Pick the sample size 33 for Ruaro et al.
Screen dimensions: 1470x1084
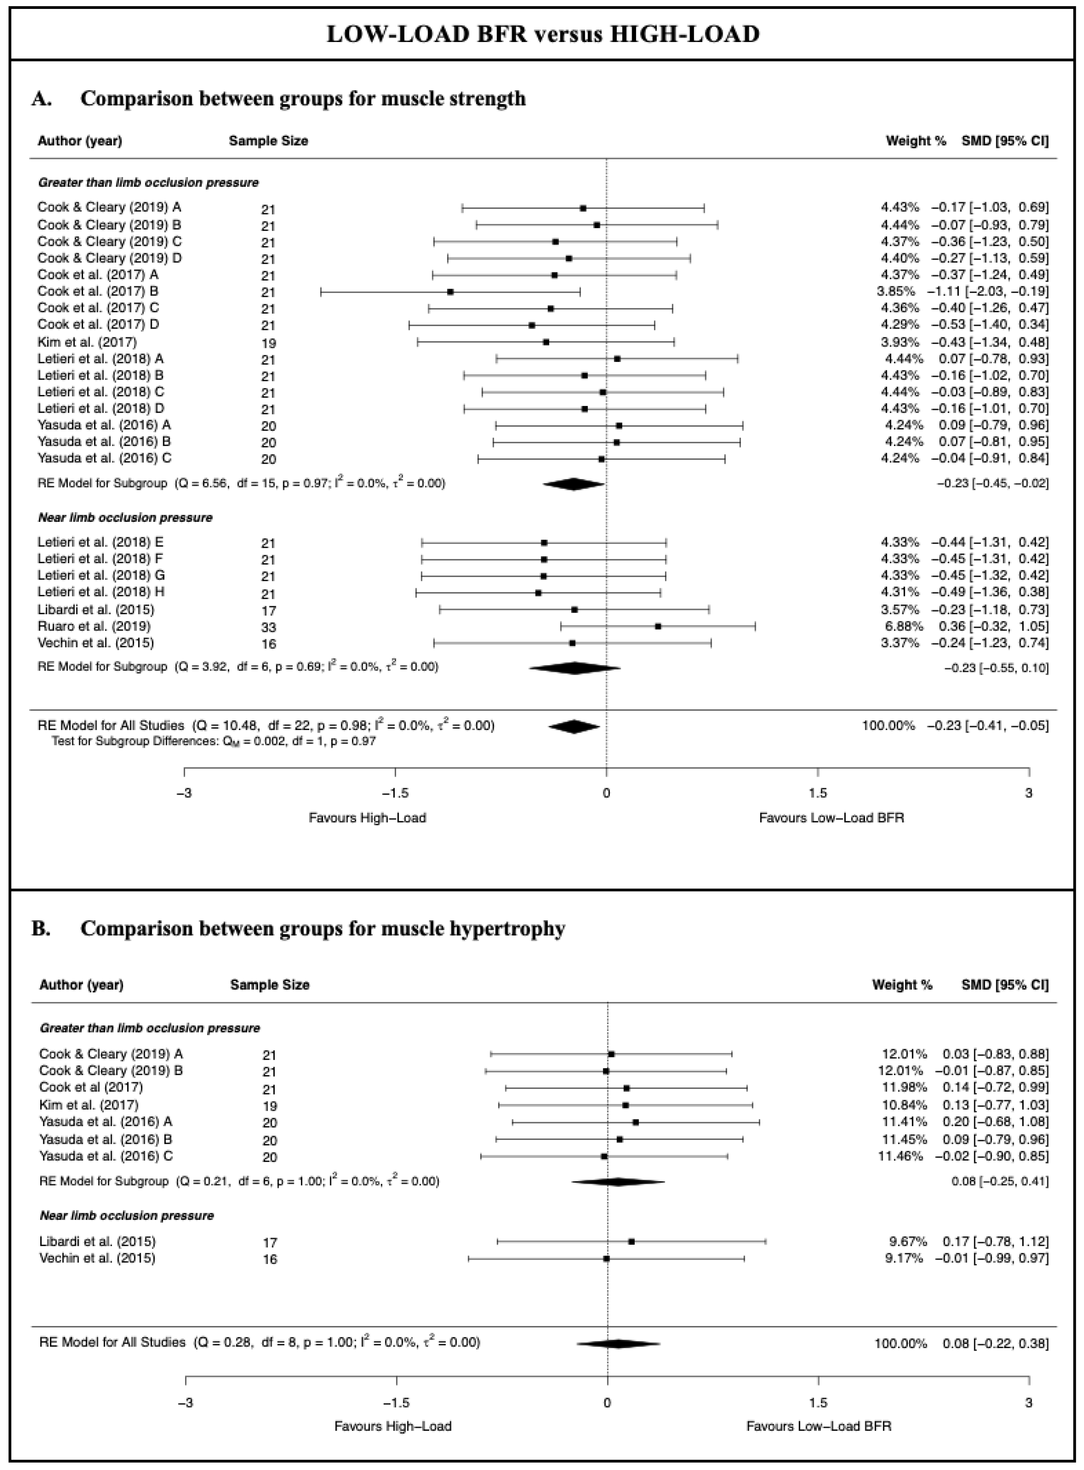[x=269, y=627]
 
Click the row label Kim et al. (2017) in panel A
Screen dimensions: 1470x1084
[x=87, y=342]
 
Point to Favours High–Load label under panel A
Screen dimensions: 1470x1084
[x=368, y=818]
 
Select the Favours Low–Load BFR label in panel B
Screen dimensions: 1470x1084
[x=819, y=1426]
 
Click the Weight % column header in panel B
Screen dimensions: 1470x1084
[x=901, y=985]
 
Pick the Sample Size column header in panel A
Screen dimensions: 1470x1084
[x=269, y=140]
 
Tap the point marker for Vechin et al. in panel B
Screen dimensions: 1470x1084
[x=606, y=1259]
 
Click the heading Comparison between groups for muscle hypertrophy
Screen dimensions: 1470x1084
[x=323, y=929]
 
